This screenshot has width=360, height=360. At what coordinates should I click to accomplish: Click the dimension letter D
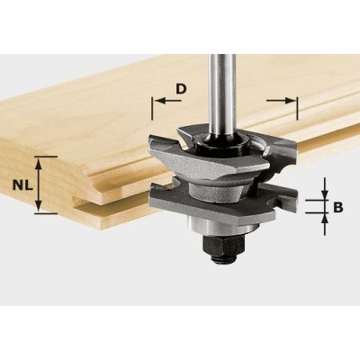pos(182,89)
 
